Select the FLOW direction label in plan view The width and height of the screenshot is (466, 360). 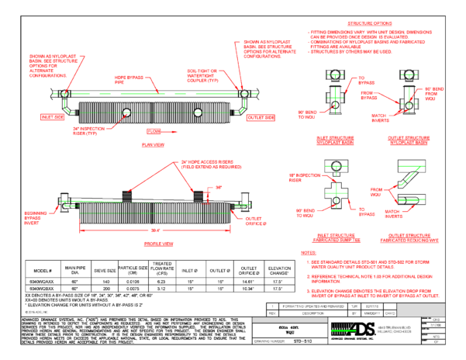pos(154,132)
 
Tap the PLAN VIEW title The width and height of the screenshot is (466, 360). pos(154,144)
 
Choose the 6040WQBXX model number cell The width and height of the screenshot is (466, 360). pos(41,287)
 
